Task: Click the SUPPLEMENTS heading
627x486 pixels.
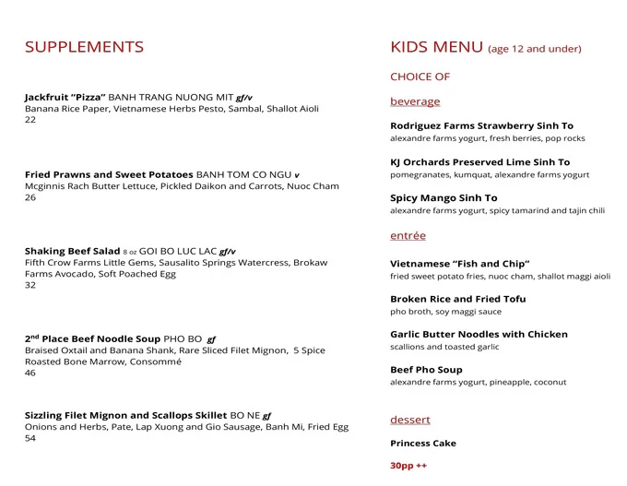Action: (84, 47)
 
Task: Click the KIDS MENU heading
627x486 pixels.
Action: (436, 47)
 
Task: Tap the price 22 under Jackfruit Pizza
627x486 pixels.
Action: (30, 120)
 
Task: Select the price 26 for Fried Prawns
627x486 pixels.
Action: (30, 197)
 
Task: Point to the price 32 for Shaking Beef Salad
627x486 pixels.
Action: (30, 285)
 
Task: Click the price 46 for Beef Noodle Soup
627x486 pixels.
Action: (30, 373)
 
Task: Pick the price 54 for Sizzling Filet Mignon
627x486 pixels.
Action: (30, 438)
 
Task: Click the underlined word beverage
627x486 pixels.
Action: (415, 101)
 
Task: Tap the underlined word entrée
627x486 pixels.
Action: (408, 236)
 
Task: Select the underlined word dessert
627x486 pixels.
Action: (409, 420)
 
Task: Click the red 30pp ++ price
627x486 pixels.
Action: (408, 466)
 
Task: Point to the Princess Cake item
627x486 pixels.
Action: (422, 444)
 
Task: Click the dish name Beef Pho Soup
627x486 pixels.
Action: (426, 370)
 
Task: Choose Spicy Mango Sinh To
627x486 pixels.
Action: (444, 198)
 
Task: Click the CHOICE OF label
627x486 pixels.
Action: (420, 77)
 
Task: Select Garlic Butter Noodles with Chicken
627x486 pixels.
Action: (479, 335)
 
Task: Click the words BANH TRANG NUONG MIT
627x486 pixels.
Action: (171, 97)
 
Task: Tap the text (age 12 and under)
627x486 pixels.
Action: (535, 49)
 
